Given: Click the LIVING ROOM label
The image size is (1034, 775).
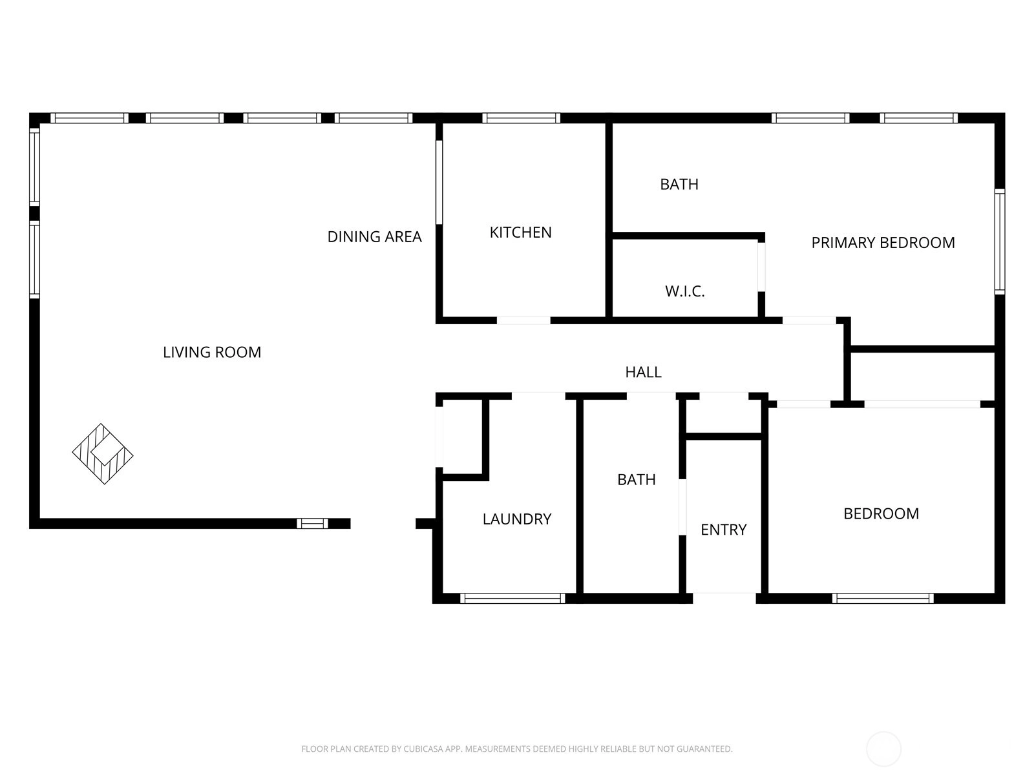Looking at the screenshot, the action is click(x=212, y=352).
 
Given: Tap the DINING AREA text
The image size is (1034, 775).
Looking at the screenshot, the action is click(x=374, y=236).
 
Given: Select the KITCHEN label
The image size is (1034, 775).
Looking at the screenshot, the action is click(x=520, y=232).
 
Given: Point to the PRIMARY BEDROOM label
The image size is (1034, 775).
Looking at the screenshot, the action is click(x=883, y=243).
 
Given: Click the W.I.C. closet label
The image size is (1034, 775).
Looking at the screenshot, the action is click(x=685, y=291).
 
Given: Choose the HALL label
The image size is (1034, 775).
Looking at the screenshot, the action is click(x=644, y=372).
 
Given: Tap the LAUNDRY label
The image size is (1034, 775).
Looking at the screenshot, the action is click(x=517, y=519).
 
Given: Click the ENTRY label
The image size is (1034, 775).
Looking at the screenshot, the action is click(x=724, y=530).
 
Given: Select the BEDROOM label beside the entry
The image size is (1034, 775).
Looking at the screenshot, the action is click(x=881, y=513).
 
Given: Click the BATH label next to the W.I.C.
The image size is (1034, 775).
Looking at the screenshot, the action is click(x=679, y=185).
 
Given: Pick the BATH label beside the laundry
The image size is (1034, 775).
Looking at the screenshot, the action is click(x=637, y=479).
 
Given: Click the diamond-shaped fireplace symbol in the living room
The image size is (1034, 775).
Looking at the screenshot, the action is click(x=103, y=453).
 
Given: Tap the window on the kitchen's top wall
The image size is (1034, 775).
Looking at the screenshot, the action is click(x=521, y=118).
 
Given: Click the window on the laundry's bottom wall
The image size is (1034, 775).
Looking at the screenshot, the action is click(x=512, y=599).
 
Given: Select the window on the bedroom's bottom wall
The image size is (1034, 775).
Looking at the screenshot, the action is click(x=883, y=599).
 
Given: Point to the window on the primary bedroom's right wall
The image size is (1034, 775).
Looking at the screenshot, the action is click(x=1000, y=242).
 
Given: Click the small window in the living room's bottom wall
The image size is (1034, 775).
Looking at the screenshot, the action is click(x=312, y=524).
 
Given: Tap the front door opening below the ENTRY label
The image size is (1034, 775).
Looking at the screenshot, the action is click(x=724, y=599).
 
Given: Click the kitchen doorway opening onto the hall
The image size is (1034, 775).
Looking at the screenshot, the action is click(x=524, y=321).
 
